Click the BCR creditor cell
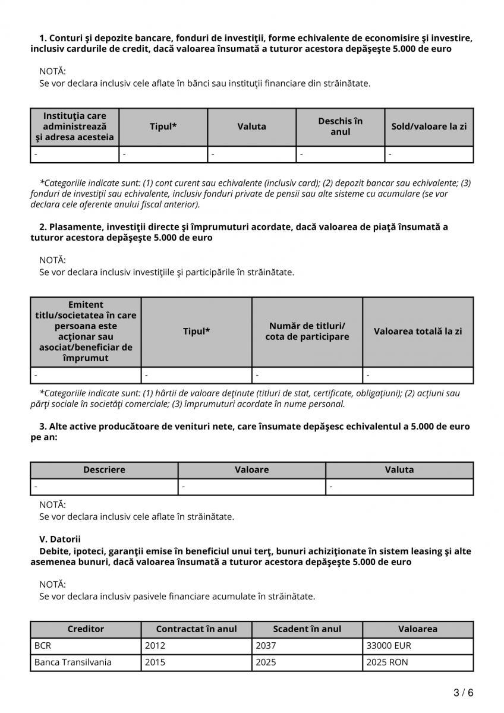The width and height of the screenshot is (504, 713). click(86, 645)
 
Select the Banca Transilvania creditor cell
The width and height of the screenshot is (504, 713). click(86, 662)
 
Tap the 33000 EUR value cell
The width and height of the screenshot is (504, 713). click(418, 645)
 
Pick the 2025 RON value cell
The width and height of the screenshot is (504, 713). click(418, 662)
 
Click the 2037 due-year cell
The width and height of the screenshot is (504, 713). click(307, 645)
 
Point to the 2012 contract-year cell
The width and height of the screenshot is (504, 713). click(196, 645)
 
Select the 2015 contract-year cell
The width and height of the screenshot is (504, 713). click(196, 662)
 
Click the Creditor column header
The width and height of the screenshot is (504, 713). click(86, 629)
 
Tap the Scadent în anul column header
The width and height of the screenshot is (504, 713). click(307, 629)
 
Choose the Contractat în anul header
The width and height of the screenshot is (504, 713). click(196, 629)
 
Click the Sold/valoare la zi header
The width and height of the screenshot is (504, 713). click(429, 127)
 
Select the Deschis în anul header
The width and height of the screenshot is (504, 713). click(340, 127)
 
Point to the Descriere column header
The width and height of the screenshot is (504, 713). click(104, 469)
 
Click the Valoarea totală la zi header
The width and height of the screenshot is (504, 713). click(418, 331)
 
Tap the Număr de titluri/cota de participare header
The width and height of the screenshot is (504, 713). click(307, 331)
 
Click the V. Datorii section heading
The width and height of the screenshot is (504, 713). click(60, 540)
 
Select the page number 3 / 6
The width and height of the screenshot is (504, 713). click(464, 693)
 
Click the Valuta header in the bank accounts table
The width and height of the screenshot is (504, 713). click(252, 127)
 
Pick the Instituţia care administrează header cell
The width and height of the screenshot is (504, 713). click(75, 127)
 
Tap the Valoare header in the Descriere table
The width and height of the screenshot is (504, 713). click(252, 469)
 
